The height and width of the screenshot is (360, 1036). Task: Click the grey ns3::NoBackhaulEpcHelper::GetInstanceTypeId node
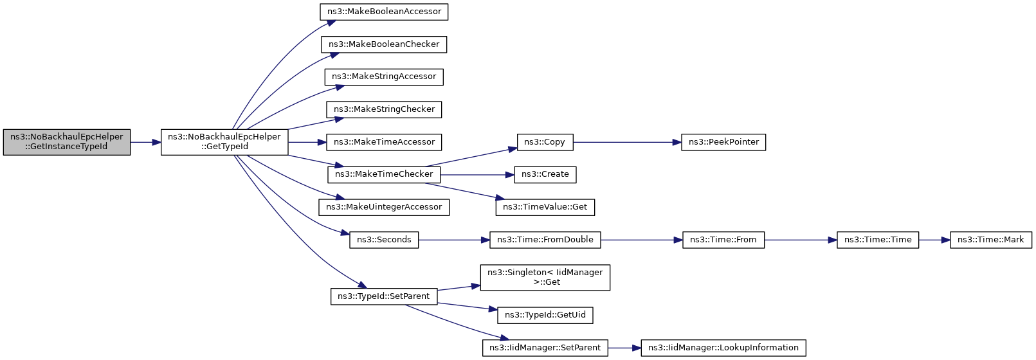tap(67, 142)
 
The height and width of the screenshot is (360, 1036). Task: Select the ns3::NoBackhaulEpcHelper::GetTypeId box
tap(224, 142)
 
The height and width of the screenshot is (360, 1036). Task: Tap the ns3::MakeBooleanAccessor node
tap(384, 12)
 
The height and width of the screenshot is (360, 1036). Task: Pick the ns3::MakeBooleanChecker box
tap(384, 44)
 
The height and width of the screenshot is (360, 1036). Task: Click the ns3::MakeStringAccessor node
tap(384, 76)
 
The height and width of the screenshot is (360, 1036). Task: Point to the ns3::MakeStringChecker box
tap(384, 109)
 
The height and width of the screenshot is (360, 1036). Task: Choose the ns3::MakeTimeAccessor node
tap(384, 142)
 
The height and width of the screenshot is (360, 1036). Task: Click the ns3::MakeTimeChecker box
tap(384, 175)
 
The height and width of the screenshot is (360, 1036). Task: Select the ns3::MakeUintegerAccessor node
tap(384, 207)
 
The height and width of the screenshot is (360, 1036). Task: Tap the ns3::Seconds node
tap(384, 240)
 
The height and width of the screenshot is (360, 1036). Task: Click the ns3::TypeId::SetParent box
tap(384, 296)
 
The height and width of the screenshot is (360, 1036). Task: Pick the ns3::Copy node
tap(545, 142)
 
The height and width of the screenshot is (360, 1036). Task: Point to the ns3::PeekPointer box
tap(723, 142)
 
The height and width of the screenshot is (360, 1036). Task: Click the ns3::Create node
tap(545, 175)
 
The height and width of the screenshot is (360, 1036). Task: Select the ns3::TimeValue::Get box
tap(545, 207)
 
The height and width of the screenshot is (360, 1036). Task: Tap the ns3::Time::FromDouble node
tap(545, 240)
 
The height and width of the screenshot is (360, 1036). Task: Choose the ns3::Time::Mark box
tap(991, 240)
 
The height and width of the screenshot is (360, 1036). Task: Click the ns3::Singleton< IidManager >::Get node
tap(545, 278)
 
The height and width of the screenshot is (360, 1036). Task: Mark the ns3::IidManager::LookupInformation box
tap(723, 348)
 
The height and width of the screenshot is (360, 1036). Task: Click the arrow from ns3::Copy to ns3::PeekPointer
tap(627, 142)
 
